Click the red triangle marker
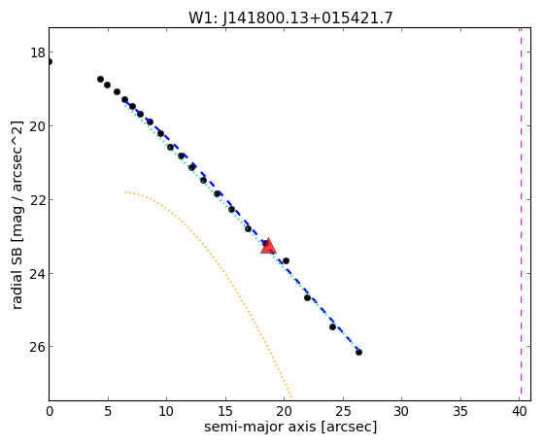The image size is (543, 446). point(268,247)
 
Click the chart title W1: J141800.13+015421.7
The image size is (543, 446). point(290,18)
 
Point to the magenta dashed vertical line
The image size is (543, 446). point(521,214)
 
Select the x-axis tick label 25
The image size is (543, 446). point(343,412)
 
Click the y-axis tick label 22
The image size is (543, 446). point(38,199)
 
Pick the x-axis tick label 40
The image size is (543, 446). point(519,412)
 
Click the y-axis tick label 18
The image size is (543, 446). point(38,52)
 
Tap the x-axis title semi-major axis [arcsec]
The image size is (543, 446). point(290,427)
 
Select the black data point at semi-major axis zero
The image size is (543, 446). point(50,61)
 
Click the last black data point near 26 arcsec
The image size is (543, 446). point(358,352)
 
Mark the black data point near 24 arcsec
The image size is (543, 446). point(332,326)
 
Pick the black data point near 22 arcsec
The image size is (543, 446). point(307,297)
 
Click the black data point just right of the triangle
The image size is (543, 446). point(286,260)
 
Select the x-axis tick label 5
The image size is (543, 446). point(108,412)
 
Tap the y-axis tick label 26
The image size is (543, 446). point(38,347)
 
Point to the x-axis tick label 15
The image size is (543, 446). point(225,412)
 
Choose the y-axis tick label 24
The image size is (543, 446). point(38,273)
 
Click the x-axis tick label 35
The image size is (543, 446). point(460,412)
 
